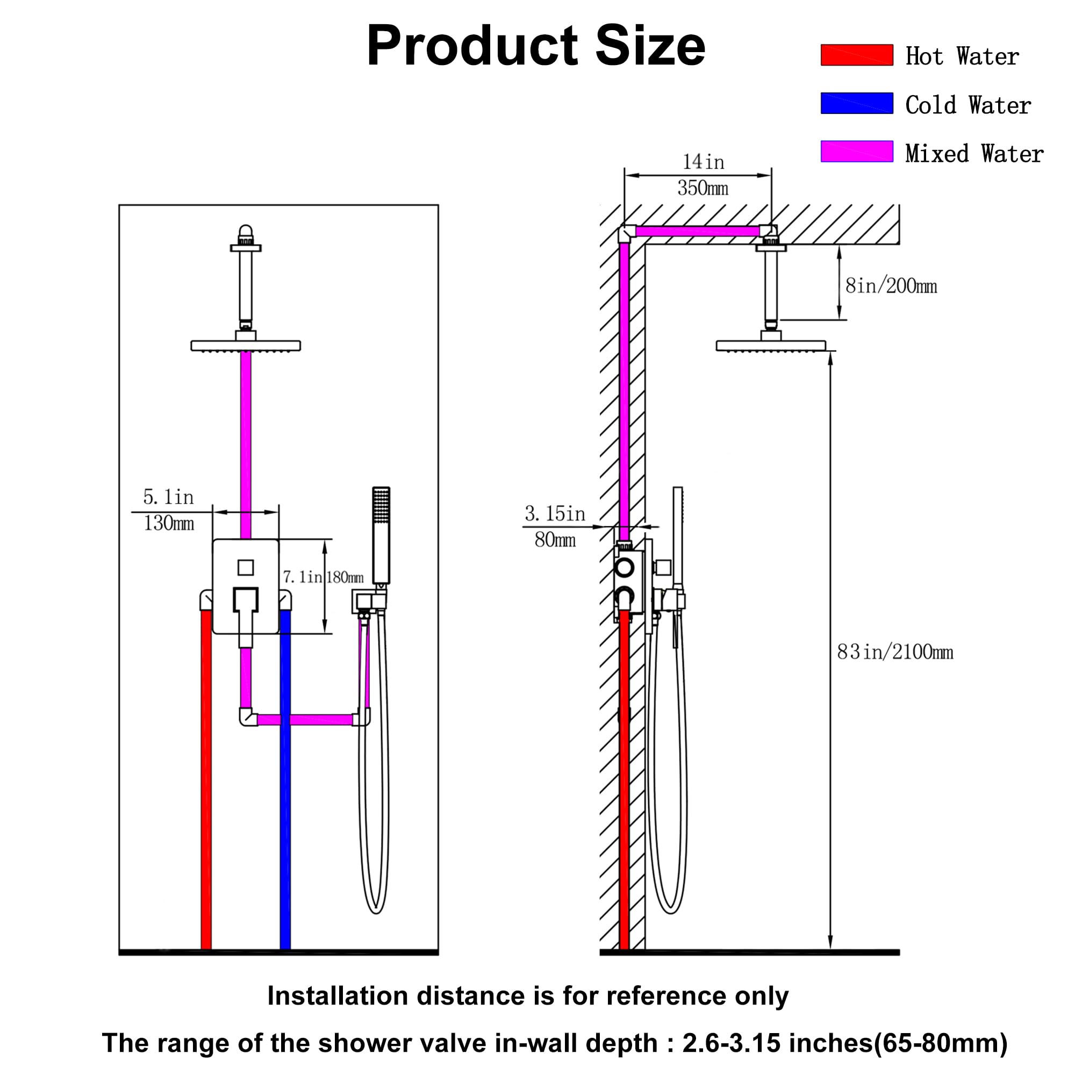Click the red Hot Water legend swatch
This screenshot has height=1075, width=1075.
click(857, 55)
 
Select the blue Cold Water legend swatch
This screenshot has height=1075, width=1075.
click(857, 104)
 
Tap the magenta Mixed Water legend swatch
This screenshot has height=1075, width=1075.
click(857, 152)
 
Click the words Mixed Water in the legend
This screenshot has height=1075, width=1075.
click(974, 154)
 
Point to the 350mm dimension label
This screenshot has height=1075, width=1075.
click(703, 188)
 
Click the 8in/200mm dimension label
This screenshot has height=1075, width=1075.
click(891, 286)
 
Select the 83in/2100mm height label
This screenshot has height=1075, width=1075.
click(895, 651)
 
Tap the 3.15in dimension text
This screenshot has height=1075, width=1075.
click(555, 513)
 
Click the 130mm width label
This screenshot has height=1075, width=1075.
click(169, 523)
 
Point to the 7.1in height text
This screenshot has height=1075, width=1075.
click(302, 577)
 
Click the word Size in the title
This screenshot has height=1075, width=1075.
click(650, 46)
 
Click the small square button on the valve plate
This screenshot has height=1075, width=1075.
click(246, 568)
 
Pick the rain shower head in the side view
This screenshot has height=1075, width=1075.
click(771, 346)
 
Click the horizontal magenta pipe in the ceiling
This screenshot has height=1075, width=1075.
click(698, 232)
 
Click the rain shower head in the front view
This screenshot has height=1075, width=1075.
click(246, 346)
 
